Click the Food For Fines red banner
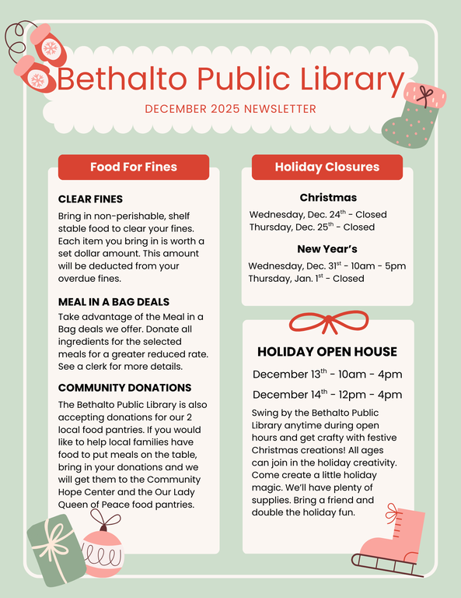coord(134,167)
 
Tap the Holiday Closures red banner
coord(327,167)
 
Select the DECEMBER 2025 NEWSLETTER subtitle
coord(230,109)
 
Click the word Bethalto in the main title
coord(119,79)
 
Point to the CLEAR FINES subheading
coord(90,199)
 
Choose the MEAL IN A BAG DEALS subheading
coord(114,301)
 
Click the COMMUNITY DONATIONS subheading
coord(124,388)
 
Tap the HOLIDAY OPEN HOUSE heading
coord(327,352)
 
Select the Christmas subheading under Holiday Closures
coord(328,198)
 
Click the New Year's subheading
coord(327,249)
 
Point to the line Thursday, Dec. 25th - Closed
coord(312,227)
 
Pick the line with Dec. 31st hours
coord(327,266)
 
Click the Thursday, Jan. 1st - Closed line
coord(306,279)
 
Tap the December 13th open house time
coord(327,375)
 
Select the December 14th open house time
coord(327,395)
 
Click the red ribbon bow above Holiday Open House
coord(328,321)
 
